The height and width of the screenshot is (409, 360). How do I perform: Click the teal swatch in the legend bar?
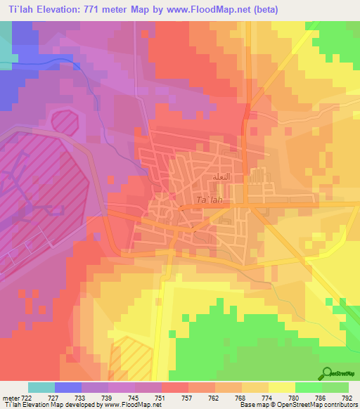tap(41, 387)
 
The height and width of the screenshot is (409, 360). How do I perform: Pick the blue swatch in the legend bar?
tap(68, 387)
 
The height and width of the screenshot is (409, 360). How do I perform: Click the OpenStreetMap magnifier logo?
tap(327, 372)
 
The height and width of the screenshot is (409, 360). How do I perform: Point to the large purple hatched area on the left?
tap(42, 190)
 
